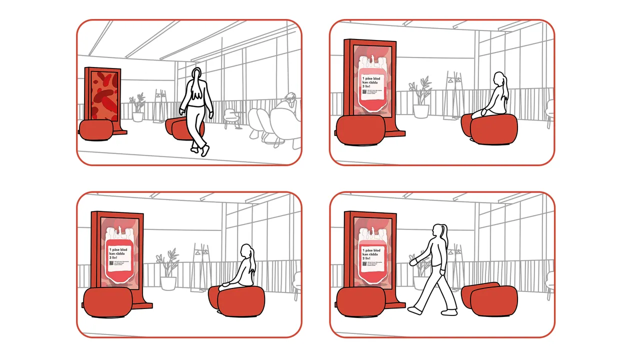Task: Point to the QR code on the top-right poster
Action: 364,91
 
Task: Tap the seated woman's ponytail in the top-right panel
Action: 506,90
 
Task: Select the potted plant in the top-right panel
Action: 421,98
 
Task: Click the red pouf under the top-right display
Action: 360,130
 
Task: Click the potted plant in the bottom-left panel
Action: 168,270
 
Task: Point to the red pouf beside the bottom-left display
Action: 107,303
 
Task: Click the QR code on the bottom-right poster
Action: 364,263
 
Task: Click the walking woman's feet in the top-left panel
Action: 200,149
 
